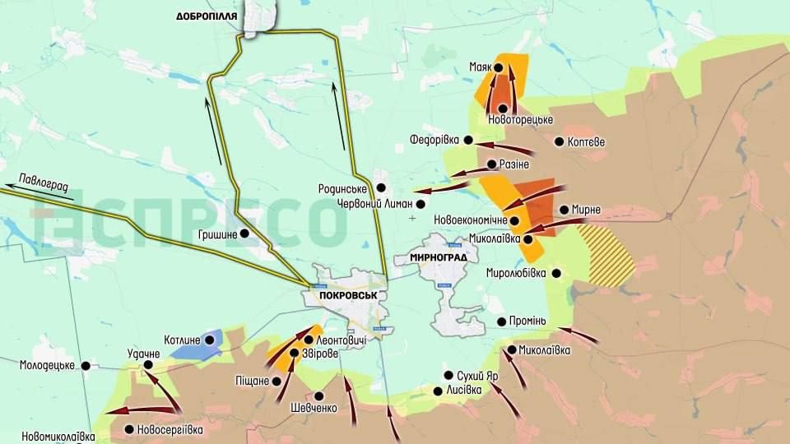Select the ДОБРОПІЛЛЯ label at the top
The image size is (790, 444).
(207, 16)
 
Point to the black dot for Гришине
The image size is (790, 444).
(244, 234)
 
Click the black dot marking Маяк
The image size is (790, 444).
(498, 67)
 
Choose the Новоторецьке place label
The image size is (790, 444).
(520, 120)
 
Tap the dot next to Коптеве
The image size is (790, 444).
(560, 141)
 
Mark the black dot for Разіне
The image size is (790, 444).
(491, 164)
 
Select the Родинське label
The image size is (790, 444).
(342, 188)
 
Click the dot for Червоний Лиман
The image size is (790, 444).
(421, 203)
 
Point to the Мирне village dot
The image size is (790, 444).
(564, 210)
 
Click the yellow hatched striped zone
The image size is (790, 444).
(606, 256)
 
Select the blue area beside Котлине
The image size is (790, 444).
(197, 347)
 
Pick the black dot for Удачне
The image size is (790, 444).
(150, 365)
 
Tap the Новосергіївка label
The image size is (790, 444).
(169, 429)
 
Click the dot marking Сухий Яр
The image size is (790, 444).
(449, 375)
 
